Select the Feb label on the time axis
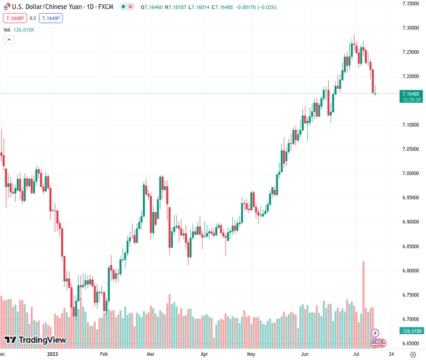pos(103,355)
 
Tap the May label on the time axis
pos(251,355)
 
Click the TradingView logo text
pos(42,341)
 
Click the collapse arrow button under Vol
pos(9,40)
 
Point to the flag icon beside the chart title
pos(6,7)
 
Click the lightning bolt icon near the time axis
pos(376,332)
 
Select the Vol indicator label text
pos(7,29)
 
